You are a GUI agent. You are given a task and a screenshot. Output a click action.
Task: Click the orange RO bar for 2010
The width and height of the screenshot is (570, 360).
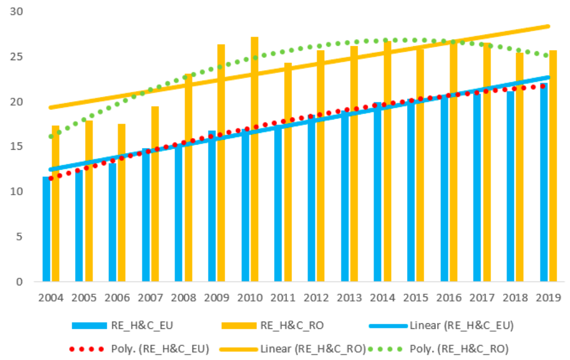(255, 159)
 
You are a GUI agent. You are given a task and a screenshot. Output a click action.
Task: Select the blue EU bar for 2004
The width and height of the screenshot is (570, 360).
(46, 229)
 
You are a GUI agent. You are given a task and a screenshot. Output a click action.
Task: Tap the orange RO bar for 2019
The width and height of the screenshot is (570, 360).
(553, 166)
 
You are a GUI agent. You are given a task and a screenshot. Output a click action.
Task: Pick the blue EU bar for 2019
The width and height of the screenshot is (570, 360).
(544, 182)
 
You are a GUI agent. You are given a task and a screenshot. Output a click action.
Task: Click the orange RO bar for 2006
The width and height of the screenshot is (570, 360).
(121, 203)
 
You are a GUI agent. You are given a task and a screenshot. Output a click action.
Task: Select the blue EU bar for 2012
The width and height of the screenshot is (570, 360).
(311, 198)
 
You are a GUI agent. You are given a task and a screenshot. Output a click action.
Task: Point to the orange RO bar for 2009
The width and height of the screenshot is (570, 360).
(221, 163)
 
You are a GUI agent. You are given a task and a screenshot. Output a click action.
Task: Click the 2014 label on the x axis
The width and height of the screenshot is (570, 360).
(383, 298)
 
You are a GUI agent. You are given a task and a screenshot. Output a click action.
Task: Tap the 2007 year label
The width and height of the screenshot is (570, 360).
(150, 298)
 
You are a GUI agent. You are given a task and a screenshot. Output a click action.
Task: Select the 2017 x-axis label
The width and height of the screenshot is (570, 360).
(482, 298)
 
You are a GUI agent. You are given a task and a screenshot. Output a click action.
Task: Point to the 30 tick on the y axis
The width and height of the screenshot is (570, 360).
(16, 12)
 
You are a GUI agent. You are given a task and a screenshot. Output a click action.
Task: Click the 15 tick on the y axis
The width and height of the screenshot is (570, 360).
(16, 146)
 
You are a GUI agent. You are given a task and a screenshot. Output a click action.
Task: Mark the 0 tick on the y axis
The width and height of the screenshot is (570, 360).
(19, 282)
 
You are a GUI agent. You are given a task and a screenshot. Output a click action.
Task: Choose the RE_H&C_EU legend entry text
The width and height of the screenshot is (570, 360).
(142, 325)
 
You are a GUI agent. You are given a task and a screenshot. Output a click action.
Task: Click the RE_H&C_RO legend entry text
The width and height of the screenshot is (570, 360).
(292, 325)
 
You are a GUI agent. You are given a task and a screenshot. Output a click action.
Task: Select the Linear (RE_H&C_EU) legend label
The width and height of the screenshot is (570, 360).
(462, 325)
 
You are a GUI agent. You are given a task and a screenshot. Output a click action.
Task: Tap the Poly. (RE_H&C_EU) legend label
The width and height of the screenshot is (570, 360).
(160, 349)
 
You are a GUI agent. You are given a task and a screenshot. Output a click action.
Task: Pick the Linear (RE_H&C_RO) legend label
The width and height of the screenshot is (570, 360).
(313, 349)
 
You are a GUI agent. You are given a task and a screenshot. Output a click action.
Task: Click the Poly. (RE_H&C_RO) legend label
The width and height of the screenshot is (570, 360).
(459, 349)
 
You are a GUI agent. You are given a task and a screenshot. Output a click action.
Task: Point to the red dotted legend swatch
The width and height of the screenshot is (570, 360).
(87, 349)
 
